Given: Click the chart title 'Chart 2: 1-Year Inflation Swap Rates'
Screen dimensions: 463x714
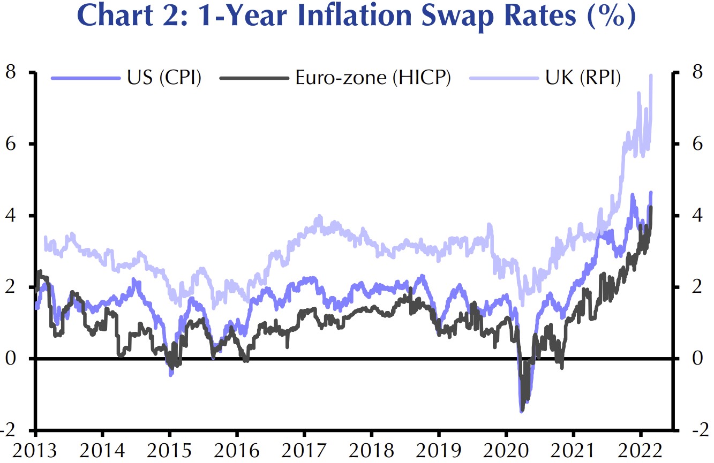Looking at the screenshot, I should [x=357, y=18].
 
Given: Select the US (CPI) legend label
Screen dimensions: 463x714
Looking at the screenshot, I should [x=164, y=78].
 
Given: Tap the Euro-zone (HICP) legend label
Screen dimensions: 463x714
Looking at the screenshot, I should [x=373, y=78].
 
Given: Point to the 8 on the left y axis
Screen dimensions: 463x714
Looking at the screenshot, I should [x=11, y=72].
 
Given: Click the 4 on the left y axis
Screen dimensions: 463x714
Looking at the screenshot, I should [x=11, y=215].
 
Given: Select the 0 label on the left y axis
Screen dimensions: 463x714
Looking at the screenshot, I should [x=11, y=358].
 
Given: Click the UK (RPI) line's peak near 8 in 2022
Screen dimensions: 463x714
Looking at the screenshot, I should [x=651, y=75].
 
